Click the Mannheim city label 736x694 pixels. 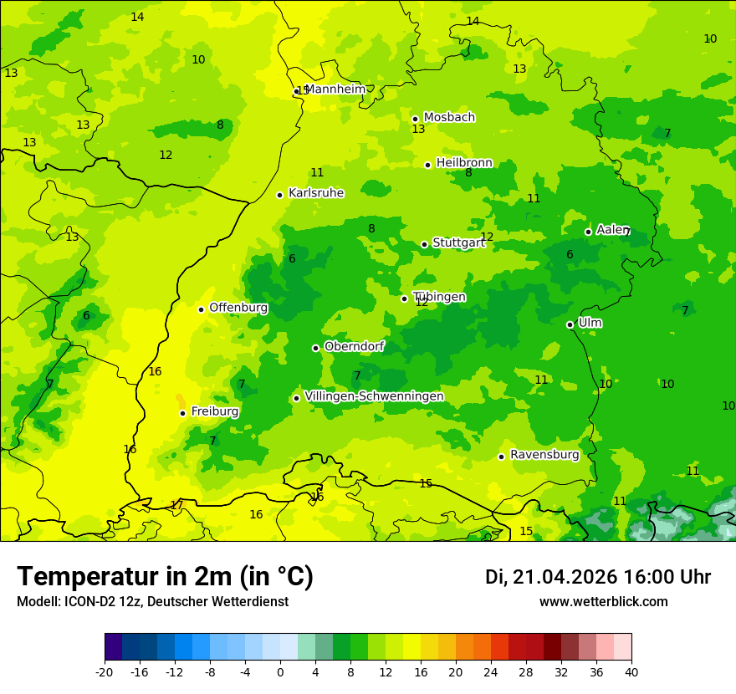(335, 89)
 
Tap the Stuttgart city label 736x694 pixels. (458, 243)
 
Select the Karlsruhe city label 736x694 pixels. (316, 193)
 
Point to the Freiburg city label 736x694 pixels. (215, 411)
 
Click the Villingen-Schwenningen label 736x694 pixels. (374, 396)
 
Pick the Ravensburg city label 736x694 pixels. (544, 455)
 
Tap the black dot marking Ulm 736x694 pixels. (570, 324)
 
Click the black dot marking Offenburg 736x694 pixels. (201, 309)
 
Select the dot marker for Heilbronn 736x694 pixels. (427, 165)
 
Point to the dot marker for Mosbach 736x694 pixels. (415, 119)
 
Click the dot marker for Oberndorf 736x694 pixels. (315, 348)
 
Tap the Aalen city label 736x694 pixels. (612, 230)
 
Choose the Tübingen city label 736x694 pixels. (439, 297)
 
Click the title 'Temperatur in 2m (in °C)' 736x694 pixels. (165, 577)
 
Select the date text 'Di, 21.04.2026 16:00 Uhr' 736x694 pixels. (598, 577)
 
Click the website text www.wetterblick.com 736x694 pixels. (603, 602)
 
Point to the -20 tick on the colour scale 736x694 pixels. (105, 672)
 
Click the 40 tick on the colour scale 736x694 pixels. (631, 672)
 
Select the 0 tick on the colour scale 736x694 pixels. (280, 672)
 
